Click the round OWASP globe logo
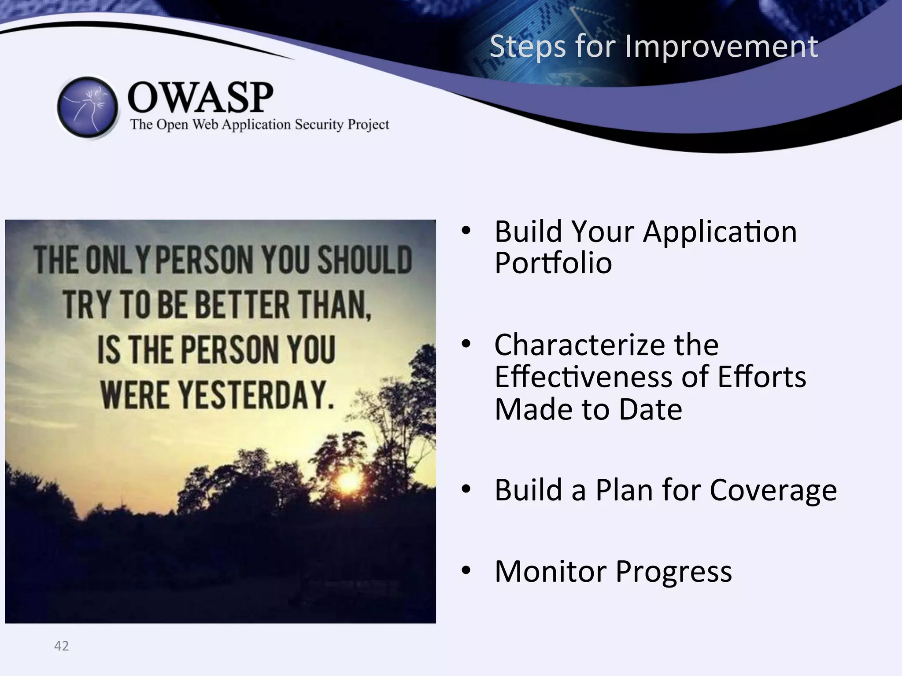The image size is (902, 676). point(88,107)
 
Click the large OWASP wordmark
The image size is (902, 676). point(200,97)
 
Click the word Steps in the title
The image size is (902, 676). point(527,46)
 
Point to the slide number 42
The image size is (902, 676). point(61,646)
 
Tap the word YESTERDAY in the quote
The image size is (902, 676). point(256,395)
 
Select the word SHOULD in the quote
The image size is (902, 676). point(365,260)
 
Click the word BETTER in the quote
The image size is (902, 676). point(242,305)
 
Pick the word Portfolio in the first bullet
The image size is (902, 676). point(553,263)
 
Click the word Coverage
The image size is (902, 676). point(773,490)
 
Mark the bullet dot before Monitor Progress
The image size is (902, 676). point(466,571)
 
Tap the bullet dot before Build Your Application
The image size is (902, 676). point(466,231)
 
